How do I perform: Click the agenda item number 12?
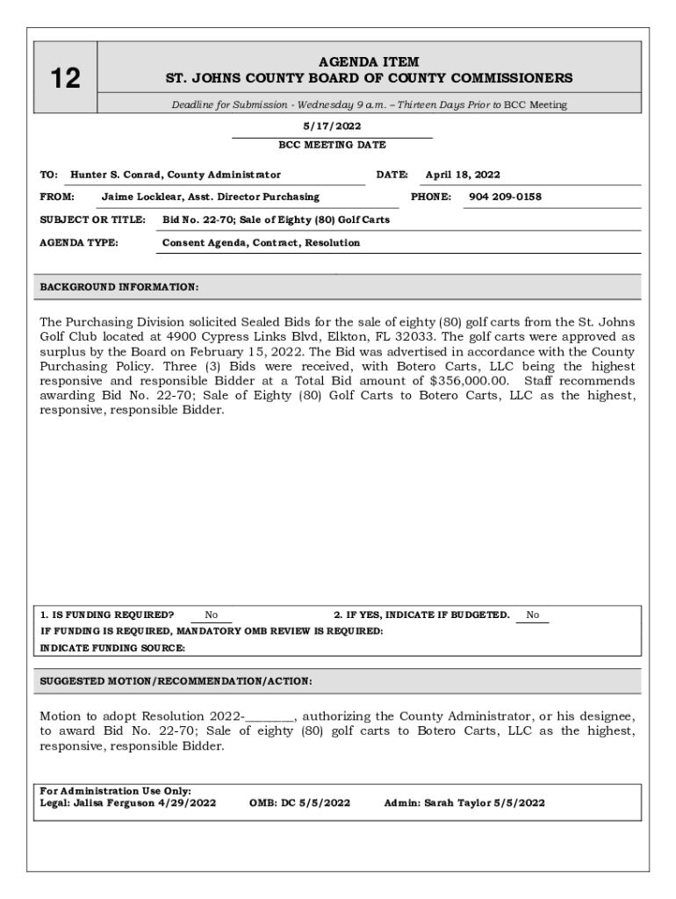[x=65, y=79]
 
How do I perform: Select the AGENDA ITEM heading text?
[x=369, y=62]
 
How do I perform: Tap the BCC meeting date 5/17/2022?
[x=332, y=126]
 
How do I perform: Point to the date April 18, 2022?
[x=463, y=175]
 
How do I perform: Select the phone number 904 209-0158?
[x=505, y=197]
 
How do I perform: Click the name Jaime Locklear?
[x=140, y=197]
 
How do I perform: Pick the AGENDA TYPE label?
[x=79, y=242]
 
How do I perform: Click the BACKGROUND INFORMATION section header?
[x=119, y=287]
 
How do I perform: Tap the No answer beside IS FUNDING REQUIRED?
[x=212, y=615]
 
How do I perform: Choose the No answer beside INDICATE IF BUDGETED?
[x=533, y=615]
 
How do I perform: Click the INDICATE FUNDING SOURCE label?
[x=113, y=648]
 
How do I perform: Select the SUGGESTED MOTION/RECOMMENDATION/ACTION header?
[x=176, y=681]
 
